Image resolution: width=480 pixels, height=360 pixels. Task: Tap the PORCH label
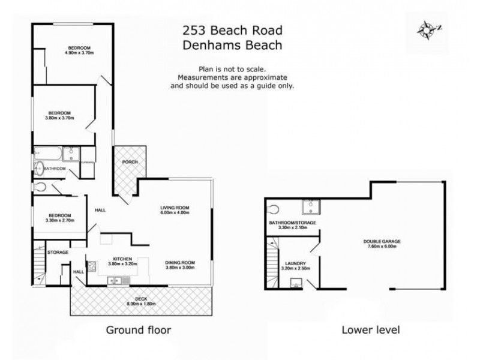(129, 162)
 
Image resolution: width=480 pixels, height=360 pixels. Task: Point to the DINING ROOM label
(180, 263)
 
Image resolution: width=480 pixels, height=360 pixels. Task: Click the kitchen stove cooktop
(92, 265)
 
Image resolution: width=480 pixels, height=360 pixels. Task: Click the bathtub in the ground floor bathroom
(48, 154)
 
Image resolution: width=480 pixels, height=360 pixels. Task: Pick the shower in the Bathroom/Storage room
(311, 208)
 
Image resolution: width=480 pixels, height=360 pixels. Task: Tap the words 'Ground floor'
(139, 329)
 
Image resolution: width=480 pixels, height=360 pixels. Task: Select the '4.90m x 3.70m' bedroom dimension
(79, 53)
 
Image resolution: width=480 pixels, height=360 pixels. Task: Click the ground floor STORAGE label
(59, 253)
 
